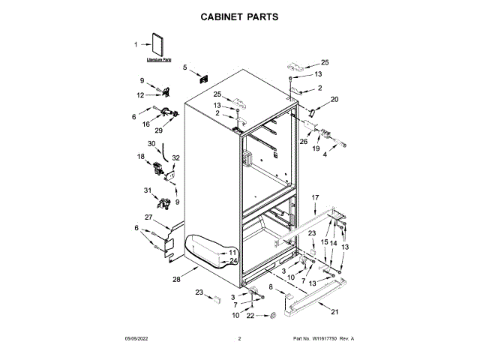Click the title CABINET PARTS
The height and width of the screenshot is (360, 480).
(x=239, y=16)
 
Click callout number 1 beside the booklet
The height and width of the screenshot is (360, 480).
(x=136, y=44)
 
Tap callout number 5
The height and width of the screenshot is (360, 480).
(x=185, y=67)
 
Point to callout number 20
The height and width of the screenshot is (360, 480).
(x=334, y=99)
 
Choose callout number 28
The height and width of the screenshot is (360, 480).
(x=177, y=279)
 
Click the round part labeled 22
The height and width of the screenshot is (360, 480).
(x=275, y=316)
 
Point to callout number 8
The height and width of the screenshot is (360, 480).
(x=270, y=287)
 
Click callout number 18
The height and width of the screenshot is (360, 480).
(x=140, y=156)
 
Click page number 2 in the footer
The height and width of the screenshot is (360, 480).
(x=239, y=339)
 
